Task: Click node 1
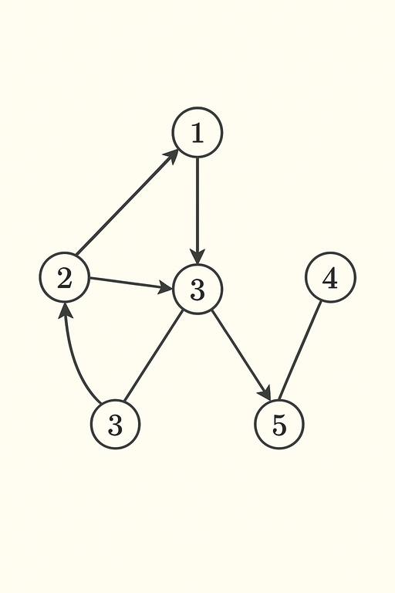pyautogui.click(x=197, y=132)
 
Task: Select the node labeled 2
pyautogui.click(x=65, y=277)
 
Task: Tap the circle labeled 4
pyautogui.click(x=330, y=277)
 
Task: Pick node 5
pyautogui.click(x=279, y=424)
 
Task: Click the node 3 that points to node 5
pyautogui.click(x=197, y=290)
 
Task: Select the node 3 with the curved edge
pyautogui.click(x=115, y=424)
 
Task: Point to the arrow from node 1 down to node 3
pyautogui.click(x=197, y=211)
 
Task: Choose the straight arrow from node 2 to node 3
pyautogui.click(x=131, y=283)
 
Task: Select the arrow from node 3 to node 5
pyautogui.click(x=241, y=354)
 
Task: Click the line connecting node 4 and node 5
pyautogui.click(x=299, y=351)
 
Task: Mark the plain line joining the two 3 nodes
pyautogui.click(x=154, y=356)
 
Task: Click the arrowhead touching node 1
pyautogui.click(x=172, y=156)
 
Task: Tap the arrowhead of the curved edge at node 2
pyautogui.click(x=66, y=310)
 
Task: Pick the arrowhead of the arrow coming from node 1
pyautogui.click(x=197, y=256)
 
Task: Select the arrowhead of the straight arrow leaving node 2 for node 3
pyautogui.click(x=166, y=288)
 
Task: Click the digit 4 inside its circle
pyautogui.click(x=330, y=279)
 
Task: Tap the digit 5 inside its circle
pyautogui.click(x=279, y=425)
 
